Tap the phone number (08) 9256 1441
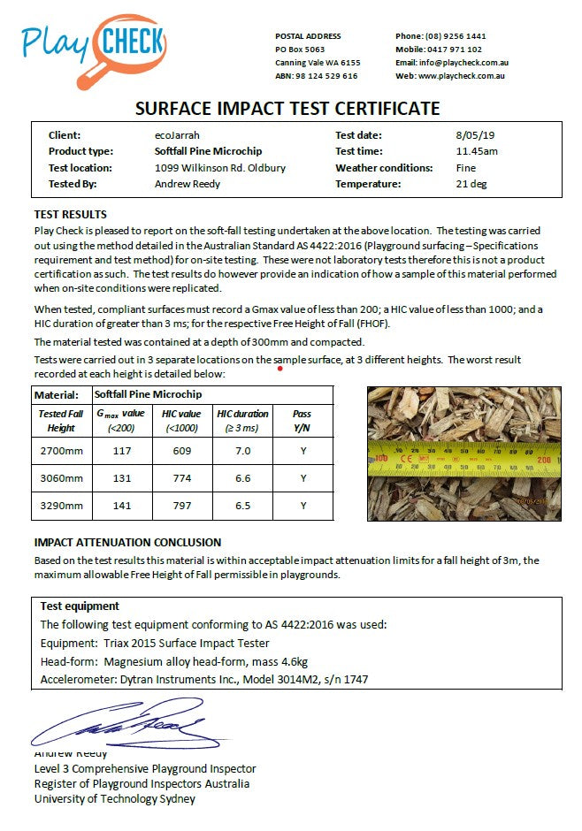[x=452, y=36]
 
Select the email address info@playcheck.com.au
[x=463, y=63]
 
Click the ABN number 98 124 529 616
[x=328, y=76]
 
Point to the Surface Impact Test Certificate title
[x=287, y=109]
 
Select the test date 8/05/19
[x=470, y=135]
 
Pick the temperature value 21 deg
[x=468, y=184]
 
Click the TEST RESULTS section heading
[x=70, y=215]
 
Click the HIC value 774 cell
[x=181, y=478]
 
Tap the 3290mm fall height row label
[x=61, y=506]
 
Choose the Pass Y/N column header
[x=302, y=421]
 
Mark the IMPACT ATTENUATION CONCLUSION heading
[x=127, y=543]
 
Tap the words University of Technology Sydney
[x=114, y=799]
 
